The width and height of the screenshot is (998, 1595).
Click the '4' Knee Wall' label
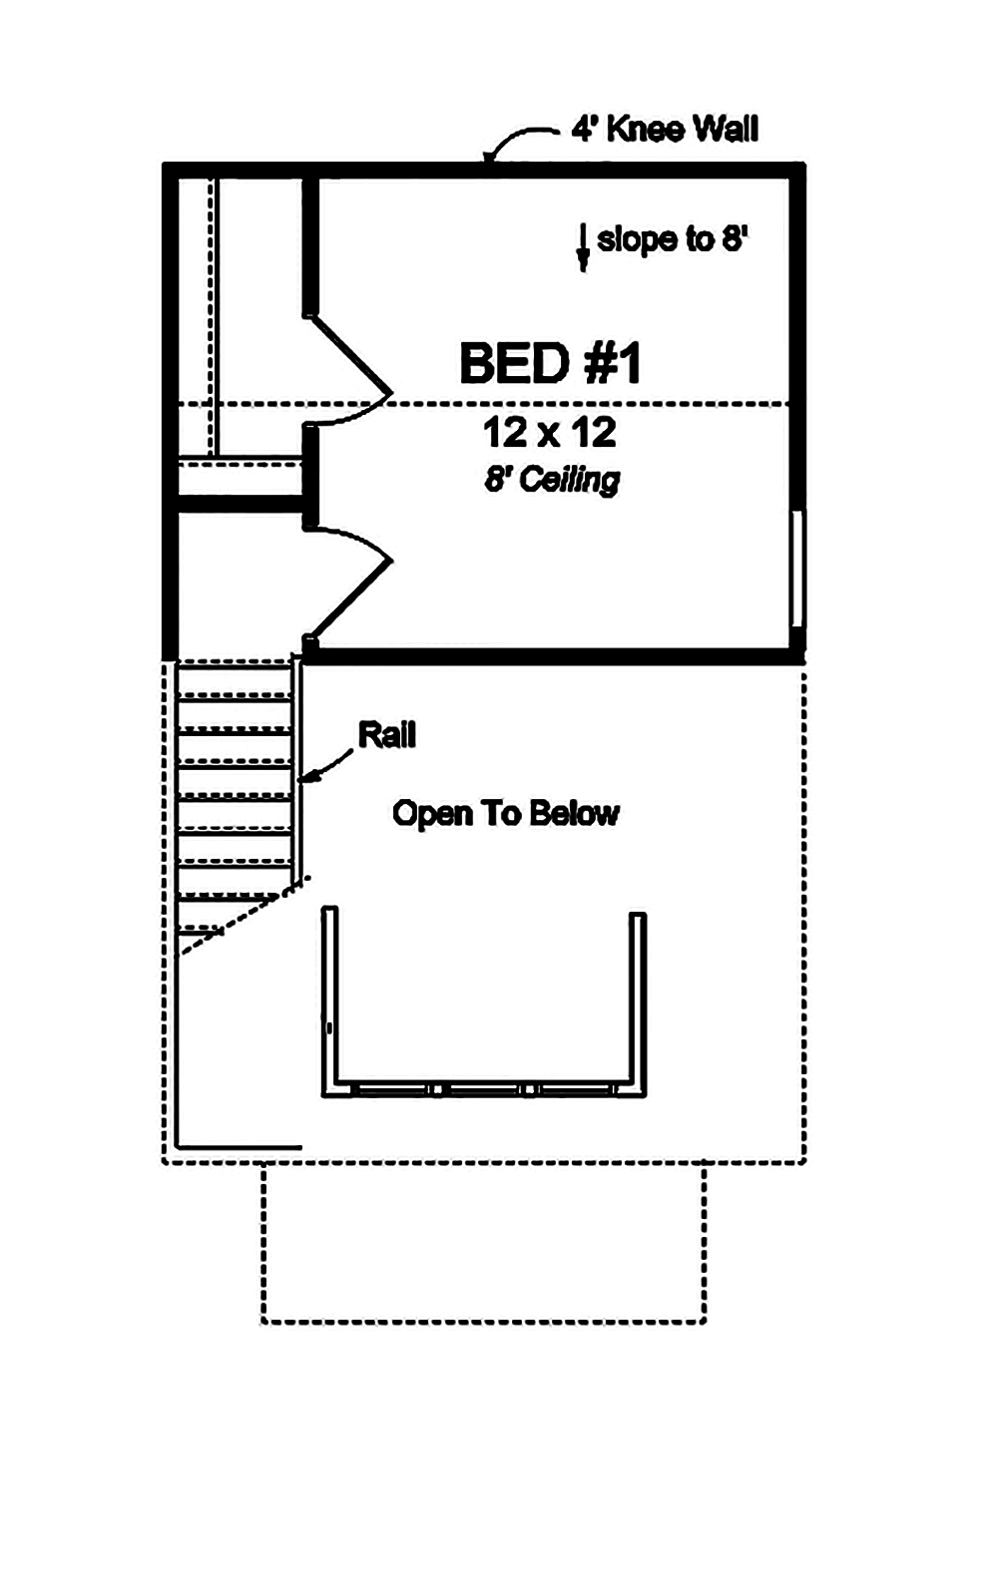coord(665,129)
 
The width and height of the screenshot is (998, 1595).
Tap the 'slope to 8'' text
coord(672,239)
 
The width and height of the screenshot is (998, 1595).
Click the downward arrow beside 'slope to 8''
coord(583,247)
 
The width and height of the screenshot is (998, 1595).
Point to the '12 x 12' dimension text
coord(550,433)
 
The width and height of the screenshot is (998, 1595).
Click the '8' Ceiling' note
coord(552,480)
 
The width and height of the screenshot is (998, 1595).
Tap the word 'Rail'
coord(386,735)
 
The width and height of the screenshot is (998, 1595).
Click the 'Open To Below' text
coord(505,813)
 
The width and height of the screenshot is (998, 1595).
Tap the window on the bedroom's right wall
coord(796,569)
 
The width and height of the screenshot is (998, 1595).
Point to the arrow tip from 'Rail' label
coord(304,779)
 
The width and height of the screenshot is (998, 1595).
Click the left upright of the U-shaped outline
coord(329,997)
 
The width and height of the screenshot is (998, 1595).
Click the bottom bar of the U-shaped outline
coord(484,1090)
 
